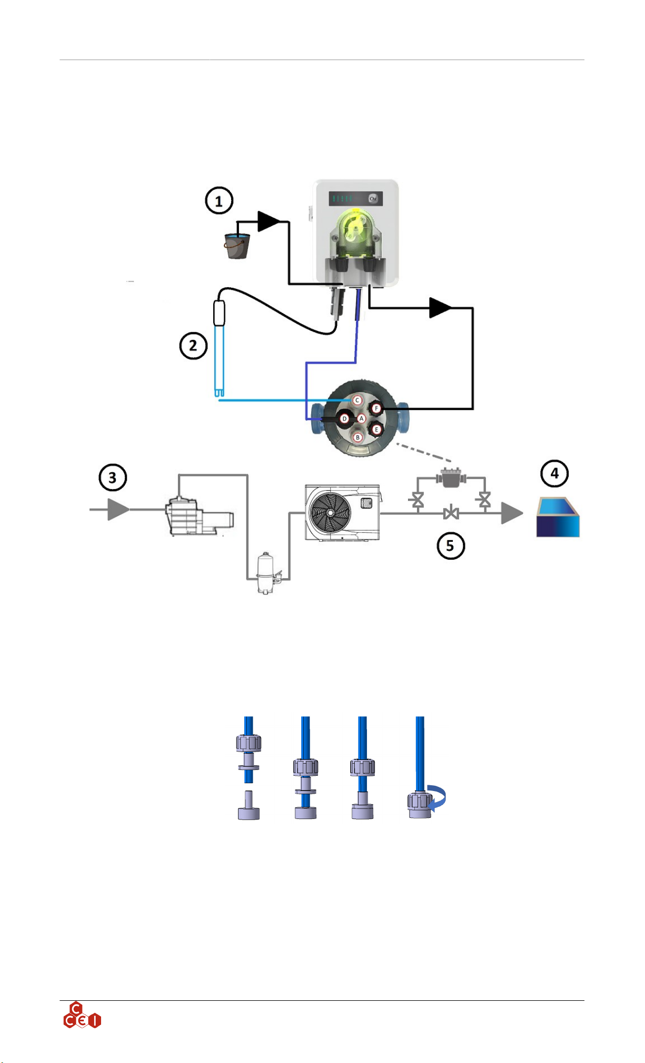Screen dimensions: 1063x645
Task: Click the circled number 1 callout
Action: (219, 201)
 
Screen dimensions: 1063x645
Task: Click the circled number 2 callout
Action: (193, 346)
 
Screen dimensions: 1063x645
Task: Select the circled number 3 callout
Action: (113, 477)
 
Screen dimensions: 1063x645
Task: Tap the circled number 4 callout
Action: (554, 474)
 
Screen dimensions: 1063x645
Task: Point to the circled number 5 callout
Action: (451, 545)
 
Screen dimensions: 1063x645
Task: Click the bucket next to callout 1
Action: (236, 246)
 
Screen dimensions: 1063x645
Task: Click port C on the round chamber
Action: (357, 400)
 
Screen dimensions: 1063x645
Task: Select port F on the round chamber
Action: (376, 408)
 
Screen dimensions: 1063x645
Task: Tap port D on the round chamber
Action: (345, 419)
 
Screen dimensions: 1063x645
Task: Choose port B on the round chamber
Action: (358, 437)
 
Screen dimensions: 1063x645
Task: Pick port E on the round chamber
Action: (376, 430)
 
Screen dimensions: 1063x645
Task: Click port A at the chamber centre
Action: (362, 418)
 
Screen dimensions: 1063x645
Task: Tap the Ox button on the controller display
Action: (373, 199)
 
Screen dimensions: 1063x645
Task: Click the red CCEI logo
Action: (82, 1016)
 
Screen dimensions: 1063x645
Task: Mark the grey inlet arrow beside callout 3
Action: (118, 510)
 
